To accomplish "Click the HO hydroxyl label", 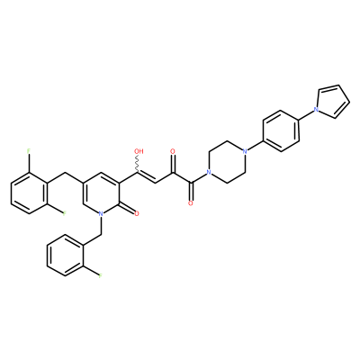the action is [139, 151].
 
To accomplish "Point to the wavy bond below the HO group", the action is [138, 164].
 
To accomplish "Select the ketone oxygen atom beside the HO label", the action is [173, 151].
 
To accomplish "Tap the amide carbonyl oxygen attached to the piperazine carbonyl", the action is [190, 203].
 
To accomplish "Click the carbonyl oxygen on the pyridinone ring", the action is [137, 213].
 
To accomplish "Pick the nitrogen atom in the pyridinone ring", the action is [101, 213].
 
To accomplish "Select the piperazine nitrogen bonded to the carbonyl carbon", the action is [208, 173].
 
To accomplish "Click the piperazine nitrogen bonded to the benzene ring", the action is [245, 151].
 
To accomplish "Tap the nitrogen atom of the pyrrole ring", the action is [316, 110].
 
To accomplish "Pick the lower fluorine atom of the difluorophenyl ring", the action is [64, 213].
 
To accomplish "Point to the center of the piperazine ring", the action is [227, 162].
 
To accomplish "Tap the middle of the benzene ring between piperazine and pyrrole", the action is [281, 130].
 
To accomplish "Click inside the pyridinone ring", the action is [101, 193].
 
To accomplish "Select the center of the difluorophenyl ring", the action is [29, 193].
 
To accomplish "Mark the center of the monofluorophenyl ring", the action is [65, 256].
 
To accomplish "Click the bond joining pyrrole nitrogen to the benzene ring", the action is [308, 115].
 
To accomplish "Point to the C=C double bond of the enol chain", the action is [146, 177].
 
